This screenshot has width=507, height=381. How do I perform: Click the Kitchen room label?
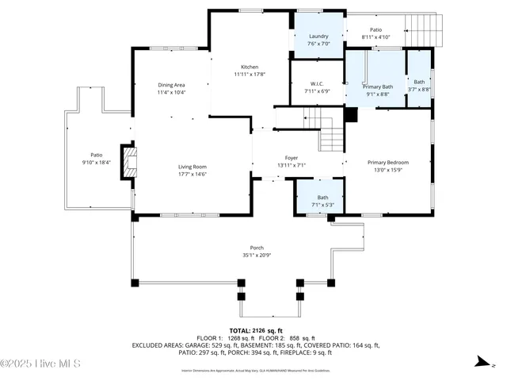click(x=250, y=67)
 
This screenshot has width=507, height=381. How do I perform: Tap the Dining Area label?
click(x=171, y=85)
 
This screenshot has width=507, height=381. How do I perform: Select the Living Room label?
click(x=193, y=167)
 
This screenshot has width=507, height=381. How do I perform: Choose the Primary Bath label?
click(x=378, y=87)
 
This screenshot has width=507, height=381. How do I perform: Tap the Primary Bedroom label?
click(x=387, y=163)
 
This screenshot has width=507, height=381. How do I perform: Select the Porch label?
click(x=257, y=248)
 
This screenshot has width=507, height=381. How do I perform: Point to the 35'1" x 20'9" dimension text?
click(x=257, y=255)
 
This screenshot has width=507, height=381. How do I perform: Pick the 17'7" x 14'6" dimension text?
click(x=193, y=174)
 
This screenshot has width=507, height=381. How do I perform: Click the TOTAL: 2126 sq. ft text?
click(x=256, y=330)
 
